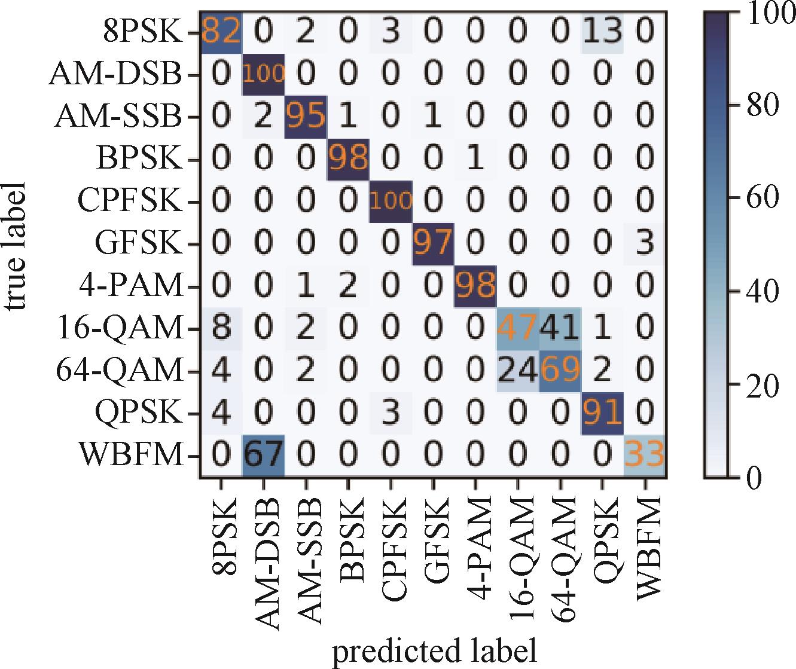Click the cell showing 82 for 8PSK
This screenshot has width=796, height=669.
click(x=221, y=33)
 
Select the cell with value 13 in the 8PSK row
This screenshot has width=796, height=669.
click(x=602, y=33)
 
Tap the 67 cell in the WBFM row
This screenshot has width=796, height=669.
click(x=263, y=456)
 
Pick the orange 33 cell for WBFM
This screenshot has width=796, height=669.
click(x=645, y=456)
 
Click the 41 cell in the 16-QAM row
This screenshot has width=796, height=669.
click(x=560, y=329)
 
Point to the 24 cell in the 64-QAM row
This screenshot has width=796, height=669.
click(x=518, y=371)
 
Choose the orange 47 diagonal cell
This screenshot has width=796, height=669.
click(x=518, y=329)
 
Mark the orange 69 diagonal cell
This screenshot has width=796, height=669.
click(x=560, y=371)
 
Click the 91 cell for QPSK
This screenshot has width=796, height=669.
click(x=602, y=413)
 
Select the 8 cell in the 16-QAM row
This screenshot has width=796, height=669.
click(x=221, y=329)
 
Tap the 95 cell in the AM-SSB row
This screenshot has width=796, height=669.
click(x=306, y=117)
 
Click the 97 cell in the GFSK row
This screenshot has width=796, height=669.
click(x=433, y=244)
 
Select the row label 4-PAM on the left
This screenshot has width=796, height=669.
click(x=131, y=286)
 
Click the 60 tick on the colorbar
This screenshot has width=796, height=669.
click(x=762, y=197)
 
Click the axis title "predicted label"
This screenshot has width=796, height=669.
click(x=435, y=650)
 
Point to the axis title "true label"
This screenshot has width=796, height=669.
click(x=16, y=246)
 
